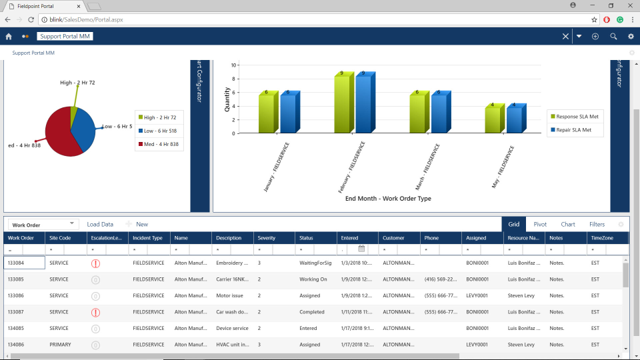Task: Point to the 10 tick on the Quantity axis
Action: tap(233, 65)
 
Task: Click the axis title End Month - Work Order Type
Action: tap(387, 198)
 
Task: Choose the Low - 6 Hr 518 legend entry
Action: tap(159, 131)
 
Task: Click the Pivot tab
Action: tap(540, 225)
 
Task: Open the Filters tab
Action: tap(597, 225)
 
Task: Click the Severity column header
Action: tap(267, 237)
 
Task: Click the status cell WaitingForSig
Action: tap(315, 263)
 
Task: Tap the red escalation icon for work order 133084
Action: tap(96, 263)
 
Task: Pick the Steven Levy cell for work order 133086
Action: tap(521, 295)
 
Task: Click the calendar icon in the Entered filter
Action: tap(361, 249)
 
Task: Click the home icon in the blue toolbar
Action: tap(9, 37)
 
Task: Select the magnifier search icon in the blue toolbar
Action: tap(613, 37)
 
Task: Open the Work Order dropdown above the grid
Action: tap(43, 225)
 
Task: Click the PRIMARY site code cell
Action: tap(60, 345)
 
